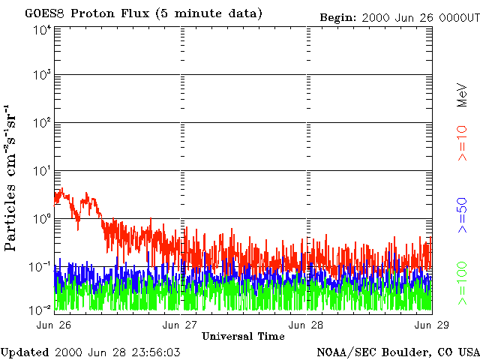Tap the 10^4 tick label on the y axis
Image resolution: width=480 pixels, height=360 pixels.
pyautogui.click(x=41, y=31)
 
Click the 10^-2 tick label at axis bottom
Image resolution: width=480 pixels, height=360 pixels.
pyautogui.click(x=41, y=308)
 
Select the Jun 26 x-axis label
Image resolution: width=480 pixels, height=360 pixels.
pyautogui.click(x=54, y=324)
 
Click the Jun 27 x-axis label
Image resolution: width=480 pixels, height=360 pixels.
pyautogui.click(x=181, y=324)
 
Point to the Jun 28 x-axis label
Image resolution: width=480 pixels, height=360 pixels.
pyautogui.click(x=307, y=324)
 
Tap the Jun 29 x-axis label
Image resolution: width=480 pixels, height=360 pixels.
pyautogui.click(x=432, y=324)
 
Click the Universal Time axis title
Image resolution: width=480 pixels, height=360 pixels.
pyautogui.click(x=244, y=335)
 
